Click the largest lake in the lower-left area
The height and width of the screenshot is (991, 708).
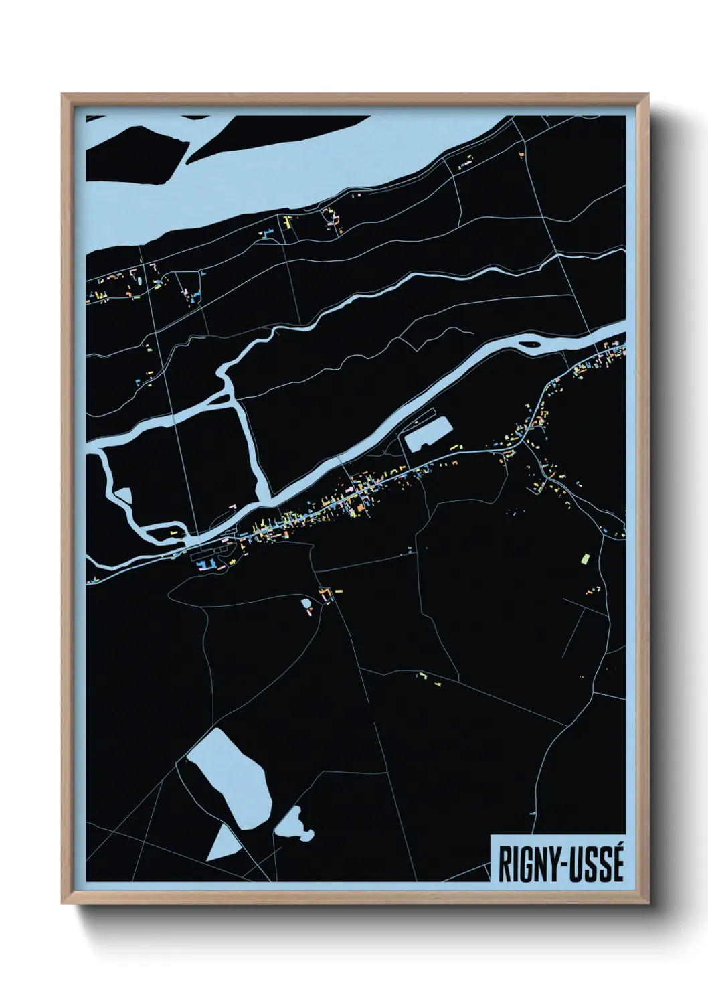point(231,777)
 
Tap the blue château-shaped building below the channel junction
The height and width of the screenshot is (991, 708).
point(207,564)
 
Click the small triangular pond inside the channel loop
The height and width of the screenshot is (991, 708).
point(123,495)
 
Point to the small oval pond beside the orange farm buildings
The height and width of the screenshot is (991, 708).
point(306,603)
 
